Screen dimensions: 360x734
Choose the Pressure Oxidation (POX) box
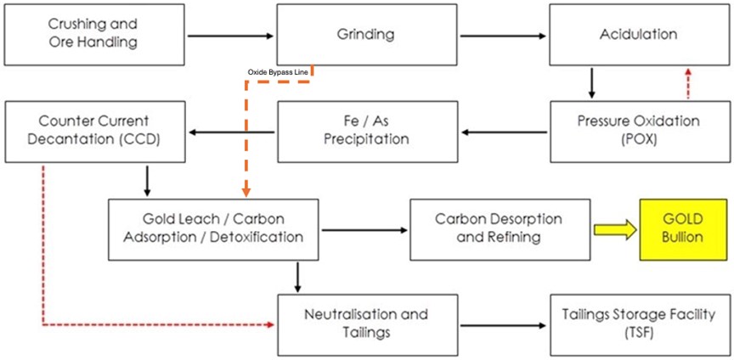638,131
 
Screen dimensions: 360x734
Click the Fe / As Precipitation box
366,131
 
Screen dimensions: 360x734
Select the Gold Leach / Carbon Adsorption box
213,229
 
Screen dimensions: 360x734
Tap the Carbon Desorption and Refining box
498,229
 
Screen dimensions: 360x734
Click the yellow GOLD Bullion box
682,229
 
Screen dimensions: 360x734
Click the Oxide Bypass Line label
278,73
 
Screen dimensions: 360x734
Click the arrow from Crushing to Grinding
230,36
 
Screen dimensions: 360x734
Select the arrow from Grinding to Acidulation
502,36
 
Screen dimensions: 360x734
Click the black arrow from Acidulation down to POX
592,83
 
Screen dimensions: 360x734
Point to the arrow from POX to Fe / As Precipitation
502,132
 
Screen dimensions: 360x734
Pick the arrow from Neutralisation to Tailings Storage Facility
502,326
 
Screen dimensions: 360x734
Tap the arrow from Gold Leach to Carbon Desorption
364,229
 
